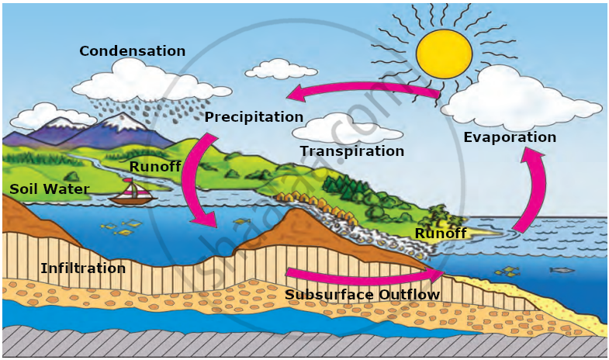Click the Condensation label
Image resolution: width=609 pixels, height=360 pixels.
click(x=133, y=51)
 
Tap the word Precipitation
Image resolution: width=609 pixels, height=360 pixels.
click(x=254, y=117)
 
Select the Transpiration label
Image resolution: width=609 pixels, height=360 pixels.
click(x=352, y=151)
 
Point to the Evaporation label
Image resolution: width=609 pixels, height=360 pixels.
click(x=510, y=137)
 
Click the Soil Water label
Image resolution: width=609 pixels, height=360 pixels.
click(x=49, y=189)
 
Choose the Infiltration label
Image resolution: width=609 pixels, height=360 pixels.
click(x=83, y=268)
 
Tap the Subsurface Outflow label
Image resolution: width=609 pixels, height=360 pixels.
click(x=362, y=295)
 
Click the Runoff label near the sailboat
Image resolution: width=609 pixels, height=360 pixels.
click(x=155, y=166)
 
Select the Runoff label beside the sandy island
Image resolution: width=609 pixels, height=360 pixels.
click(x=441, y=234)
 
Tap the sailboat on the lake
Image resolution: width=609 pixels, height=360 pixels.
click(x=131, y=192)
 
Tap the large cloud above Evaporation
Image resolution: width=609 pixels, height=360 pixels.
click(x=520, y=97)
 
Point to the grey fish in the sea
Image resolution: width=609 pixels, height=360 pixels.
click(x=561, y=270)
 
